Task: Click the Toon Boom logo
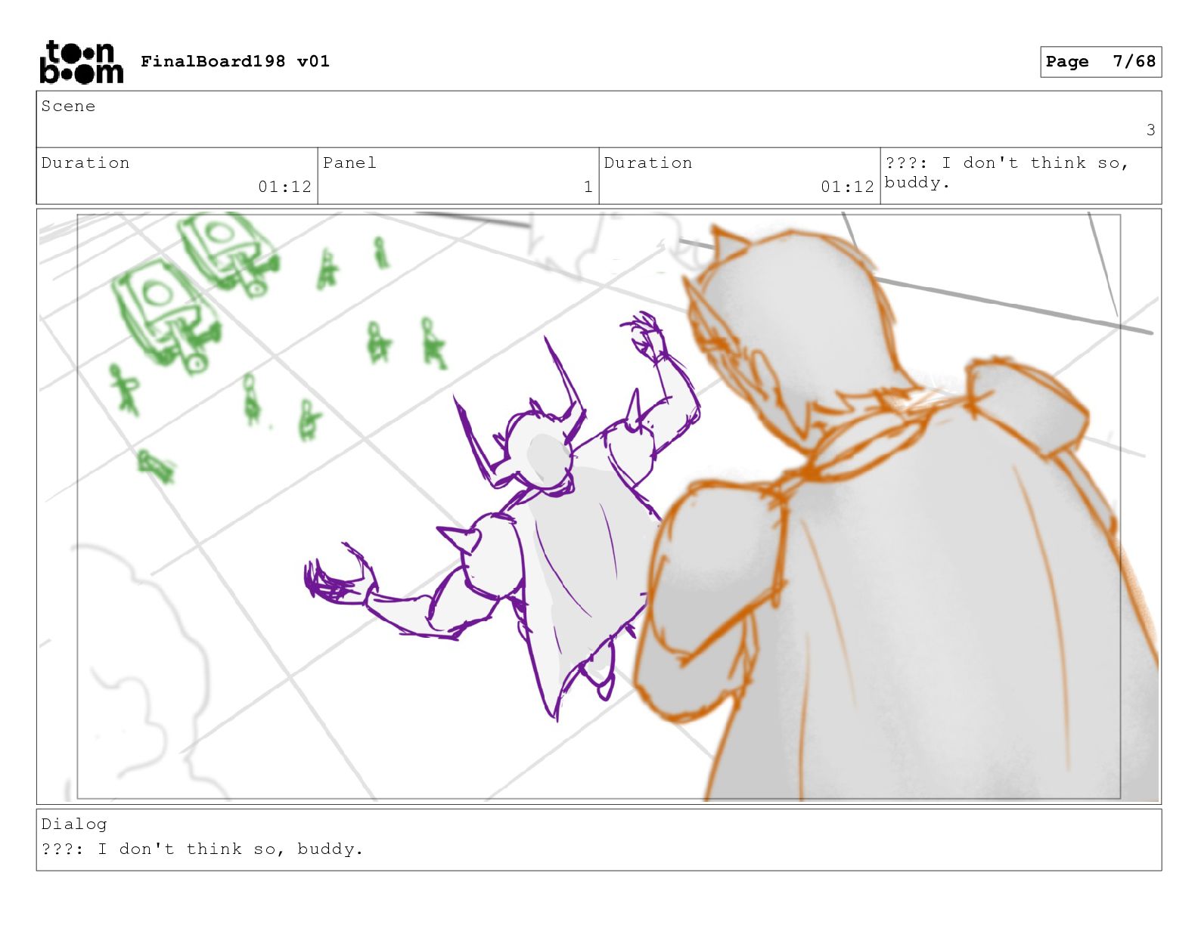click(x=82, y=62)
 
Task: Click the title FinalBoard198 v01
click(x=235, y=61)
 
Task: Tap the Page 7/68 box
click(x=1100, y=62)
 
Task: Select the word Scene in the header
click(x=68, y=106)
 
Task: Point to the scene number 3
click(x=1150, y=130)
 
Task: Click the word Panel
click(x=349, y=162)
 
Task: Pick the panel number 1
click(x=588, y=187)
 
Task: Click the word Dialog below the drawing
click(x=74, y=824)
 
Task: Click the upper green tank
click(x=228, y=252)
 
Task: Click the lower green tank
click(x=166, y=315)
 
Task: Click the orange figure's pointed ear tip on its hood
click(x=716, y=227)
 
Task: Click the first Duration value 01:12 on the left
click(x=284, y=187)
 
